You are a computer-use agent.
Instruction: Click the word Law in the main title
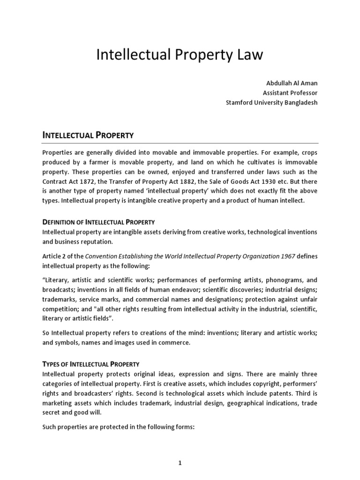[x=248, y=55]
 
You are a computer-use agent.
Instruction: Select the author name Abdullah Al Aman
[x=292, y=83]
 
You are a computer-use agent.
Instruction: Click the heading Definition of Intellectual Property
[x=98, y=222]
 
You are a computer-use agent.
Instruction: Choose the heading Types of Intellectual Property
[x=90, y=364]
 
